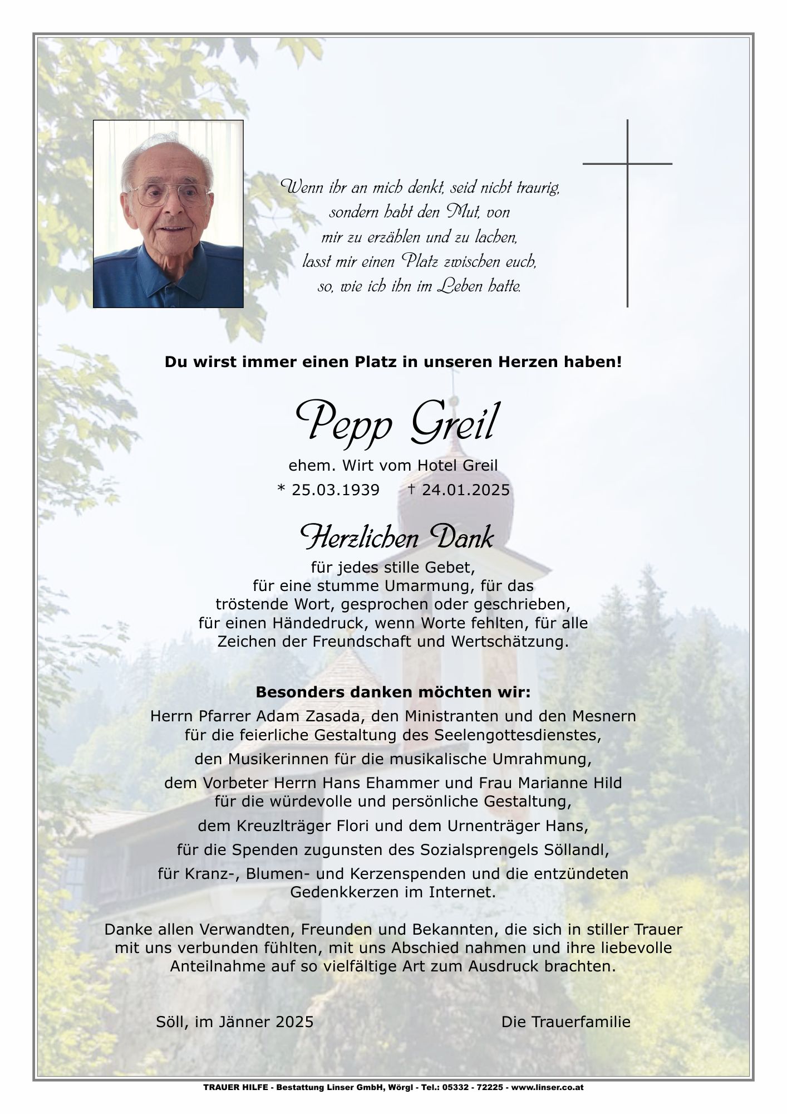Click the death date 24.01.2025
click(x=465, y=490)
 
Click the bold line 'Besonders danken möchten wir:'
click(x=393, y=693)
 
